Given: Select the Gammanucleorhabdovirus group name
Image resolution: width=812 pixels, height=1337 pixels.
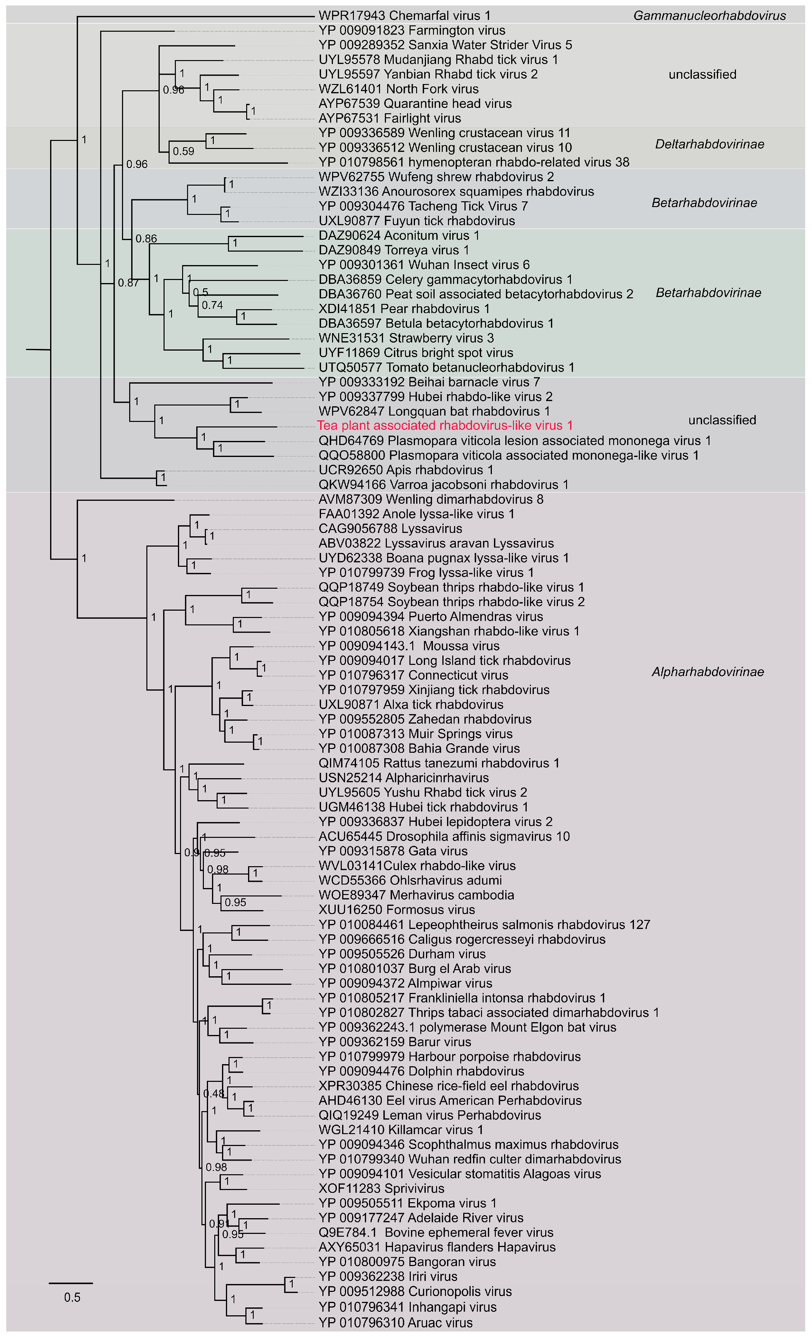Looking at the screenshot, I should (709, 16).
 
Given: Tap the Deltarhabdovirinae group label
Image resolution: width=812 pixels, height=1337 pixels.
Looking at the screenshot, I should (709, 144).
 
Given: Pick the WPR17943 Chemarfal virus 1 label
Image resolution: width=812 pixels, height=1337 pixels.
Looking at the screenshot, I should (405, 16).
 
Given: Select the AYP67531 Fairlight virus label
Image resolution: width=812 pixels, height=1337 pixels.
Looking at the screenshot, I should (390, 118).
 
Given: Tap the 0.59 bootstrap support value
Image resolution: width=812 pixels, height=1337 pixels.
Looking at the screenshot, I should (183, 151).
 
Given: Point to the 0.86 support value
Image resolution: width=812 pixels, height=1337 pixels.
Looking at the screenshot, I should (146, 239).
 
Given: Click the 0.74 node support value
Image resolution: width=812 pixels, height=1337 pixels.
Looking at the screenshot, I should (212, 305).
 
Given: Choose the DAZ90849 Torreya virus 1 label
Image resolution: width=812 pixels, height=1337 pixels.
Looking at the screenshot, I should (393, 250).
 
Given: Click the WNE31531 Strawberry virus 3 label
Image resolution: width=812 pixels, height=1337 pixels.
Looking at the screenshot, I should (406, 338).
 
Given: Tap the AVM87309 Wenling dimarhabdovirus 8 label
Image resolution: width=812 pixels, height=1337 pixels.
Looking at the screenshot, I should (430, 499).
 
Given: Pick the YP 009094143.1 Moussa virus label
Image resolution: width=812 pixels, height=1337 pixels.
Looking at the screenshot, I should (409, 646).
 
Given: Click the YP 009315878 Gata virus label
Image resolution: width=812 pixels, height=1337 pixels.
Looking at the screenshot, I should (393, 851).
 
